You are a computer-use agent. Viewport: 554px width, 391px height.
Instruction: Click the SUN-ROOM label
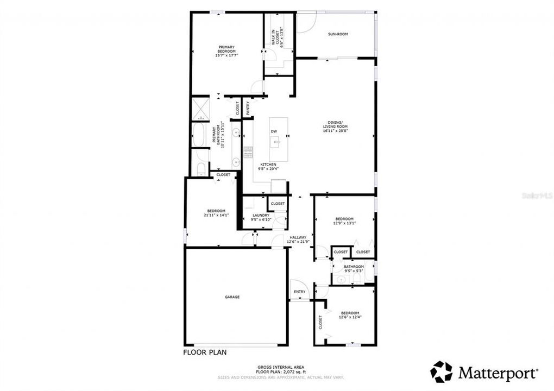pyautogui.click(x=337, y=34)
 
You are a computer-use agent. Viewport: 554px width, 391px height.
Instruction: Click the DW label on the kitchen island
pyautogui.click(x=274, y=131)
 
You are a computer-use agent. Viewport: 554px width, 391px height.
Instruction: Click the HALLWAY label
pyautogui.click(x=298, y=237)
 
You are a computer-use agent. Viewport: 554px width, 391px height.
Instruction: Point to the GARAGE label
pyautogui.click(x=232, y=297)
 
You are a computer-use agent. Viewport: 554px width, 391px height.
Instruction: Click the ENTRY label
pyautogui.click(x=299, y=292)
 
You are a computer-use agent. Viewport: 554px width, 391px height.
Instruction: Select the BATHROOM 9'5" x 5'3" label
pyautogui.click(x=353, y=267)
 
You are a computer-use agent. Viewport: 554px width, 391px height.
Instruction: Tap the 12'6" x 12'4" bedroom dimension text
pyautogui.click(x=350, y=317)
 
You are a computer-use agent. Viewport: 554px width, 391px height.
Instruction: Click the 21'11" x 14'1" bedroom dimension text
pyautogui.click(x=216, y=215)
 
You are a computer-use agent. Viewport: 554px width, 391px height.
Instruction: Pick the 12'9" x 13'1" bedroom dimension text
pyautogui.click(x=344, y=223)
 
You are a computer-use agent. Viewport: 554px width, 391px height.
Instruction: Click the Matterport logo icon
pyautogui.click(x=441, y=372)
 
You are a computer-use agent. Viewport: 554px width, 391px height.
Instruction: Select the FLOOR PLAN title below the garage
pyautogui.click(x=204, y=352)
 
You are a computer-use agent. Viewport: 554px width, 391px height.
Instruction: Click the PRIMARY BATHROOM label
pyautogui.click(x=221, y=135)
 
